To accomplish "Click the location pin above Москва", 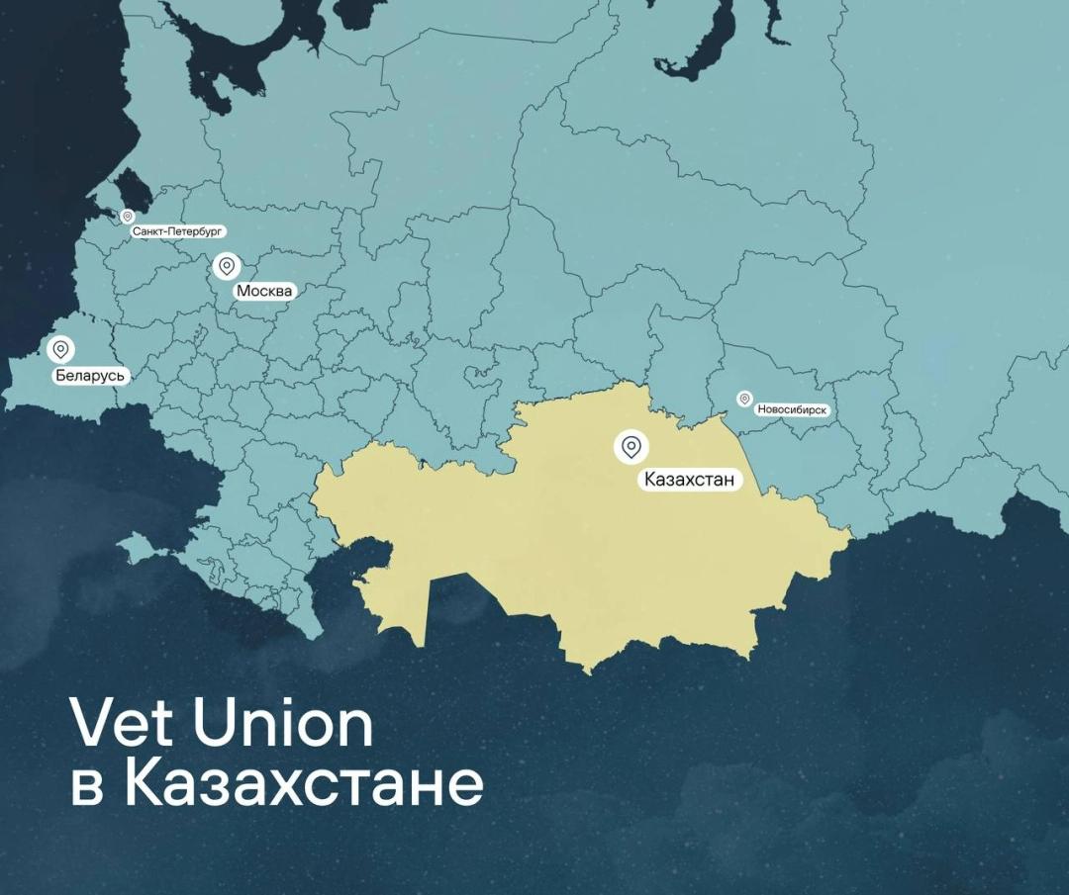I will (x=227, y=266).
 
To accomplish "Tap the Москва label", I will (x=264, y=292).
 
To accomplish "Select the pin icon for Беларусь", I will (x=60, y=350).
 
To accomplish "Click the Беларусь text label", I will (x=90, y=376).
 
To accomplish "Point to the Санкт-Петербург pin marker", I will (x=127, y=216).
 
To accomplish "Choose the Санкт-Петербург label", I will (x=178, y=231).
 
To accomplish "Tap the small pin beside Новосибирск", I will (x=744, y=399).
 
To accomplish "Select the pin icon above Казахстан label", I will (x=631, y=447).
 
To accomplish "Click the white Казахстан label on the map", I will (x=689, y=481).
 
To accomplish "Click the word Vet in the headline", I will (x=124, y=725).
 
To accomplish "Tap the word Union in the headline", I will (x=283, y=725).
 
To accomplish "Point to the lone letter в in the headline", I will (x=86, y=790).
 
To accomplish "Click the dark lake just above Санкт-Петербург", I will (x=134, y=188).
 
